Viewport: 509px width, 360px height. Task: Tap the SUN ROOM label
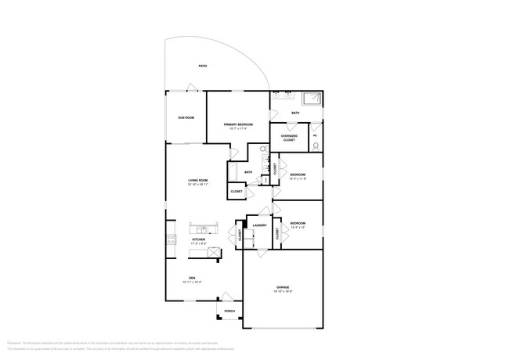[185, 117]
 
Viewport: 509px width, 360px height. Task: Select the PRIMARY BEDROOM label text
[238, 124]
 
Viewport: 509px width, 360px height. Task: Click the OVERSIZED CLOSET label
[289, 139]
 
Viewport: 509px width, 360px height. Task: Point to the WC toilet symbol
[316, 129]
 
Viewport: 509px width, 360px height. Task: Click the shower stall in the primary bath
[312, 99]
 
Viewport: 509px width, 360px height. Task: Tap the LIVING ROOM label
[197, 181]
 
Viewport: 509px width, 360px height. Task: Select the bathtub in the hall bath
[233, 171]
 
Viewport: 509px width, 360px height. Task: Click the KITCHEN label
[199, 239]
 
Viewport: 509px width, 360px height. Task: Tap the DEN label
[192, 278]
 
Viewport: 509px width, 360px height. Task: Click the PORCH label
[229, 311]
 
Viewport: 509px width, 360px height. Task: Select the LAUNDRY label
[259, 225]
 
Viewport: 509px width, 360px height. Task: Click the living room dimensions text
[197, 185]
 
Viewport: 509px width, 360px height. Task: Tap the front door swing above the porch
[227, 296]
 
